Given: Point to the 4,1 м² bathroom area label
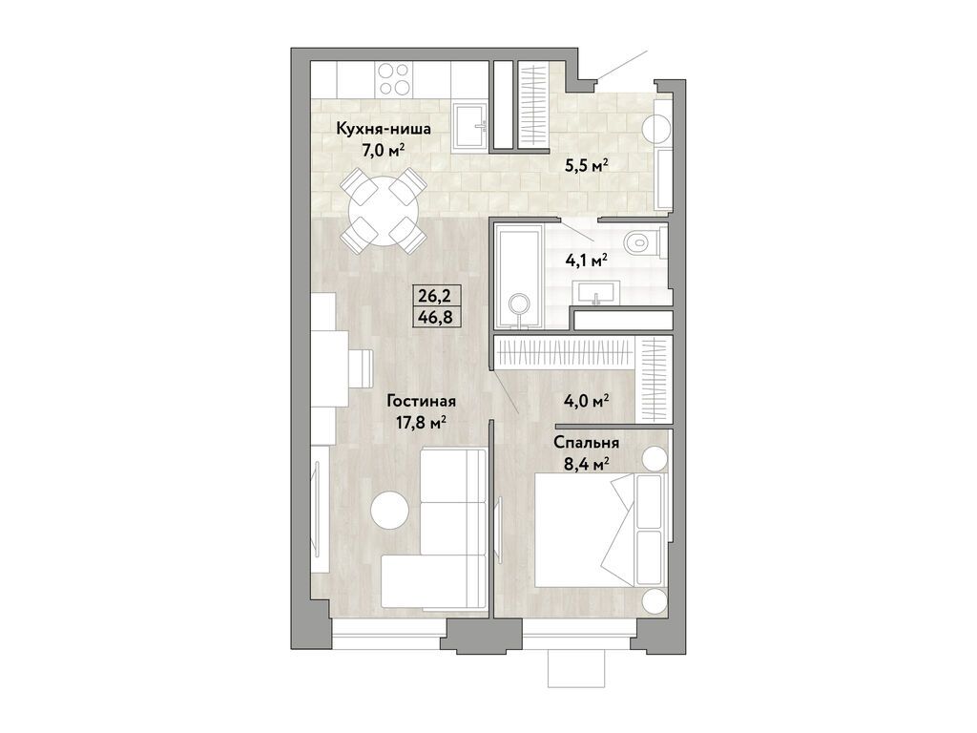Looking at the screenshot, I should point(587,258).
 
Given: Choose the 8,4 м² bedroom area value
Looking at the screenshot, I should point(587,465).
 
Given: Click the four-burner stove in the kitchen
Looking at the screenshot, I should point(393,77).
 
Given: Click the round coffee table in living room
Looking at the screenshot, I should point(390,509).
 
